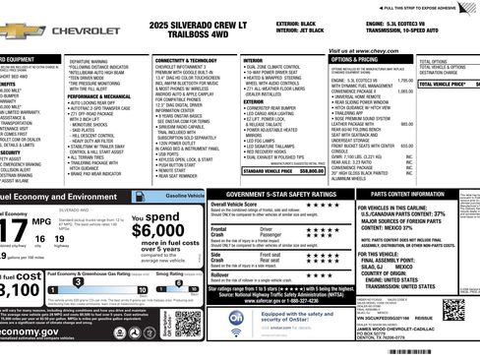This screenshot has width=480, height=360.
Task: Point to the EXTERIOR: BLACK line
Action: [x=298, y=22]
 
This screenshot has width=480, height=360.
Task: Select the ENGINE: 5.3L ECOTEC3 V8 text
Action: [x=405, y=22]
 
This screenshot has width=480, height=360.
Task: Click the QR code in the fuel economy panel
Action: [x=187, y=324]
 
